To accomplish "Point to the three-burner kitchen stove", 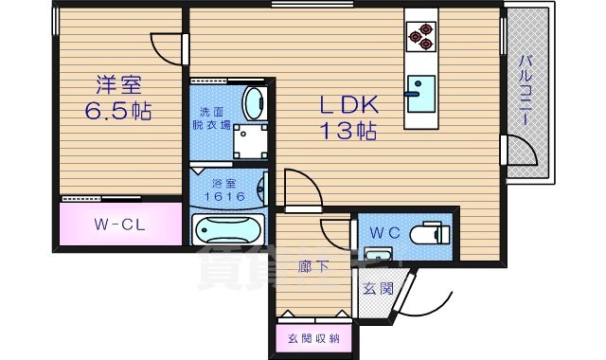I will pos(419,35).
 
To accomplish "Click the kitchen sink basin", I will pos(419,88).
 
